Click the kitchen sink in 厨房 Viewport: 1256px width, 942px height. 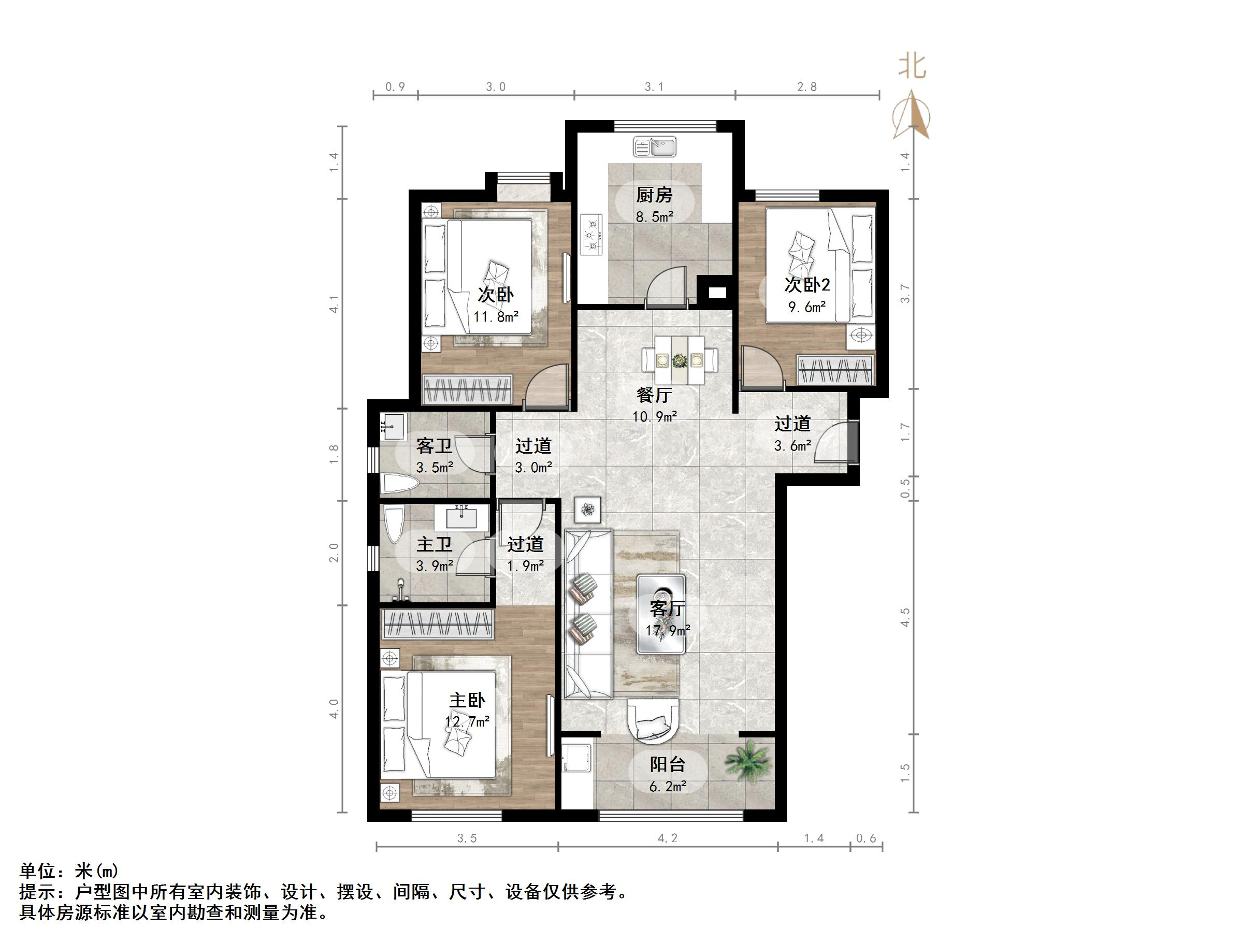click(655, 147)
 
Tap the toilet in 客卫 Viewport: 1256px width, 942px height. click(399, 484)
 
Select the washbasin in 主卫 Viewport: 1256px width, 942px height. click(461, 517)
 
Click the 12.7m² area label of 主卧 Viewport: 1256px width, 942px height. click(467, 722)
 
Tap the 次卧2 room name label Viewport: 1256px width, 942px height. click(806, 284)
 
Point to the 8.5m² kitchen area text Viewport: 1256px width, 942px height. click(654, 216)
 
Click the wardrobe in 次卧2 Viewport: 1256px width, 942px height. click(834, 370)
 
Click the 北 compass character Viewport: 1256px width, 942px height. click(912, 67)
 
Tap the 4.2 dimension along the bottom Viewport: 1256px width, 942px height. click(667, 838)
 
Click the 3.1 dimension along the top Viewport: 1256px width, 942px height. click(654, 87)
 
